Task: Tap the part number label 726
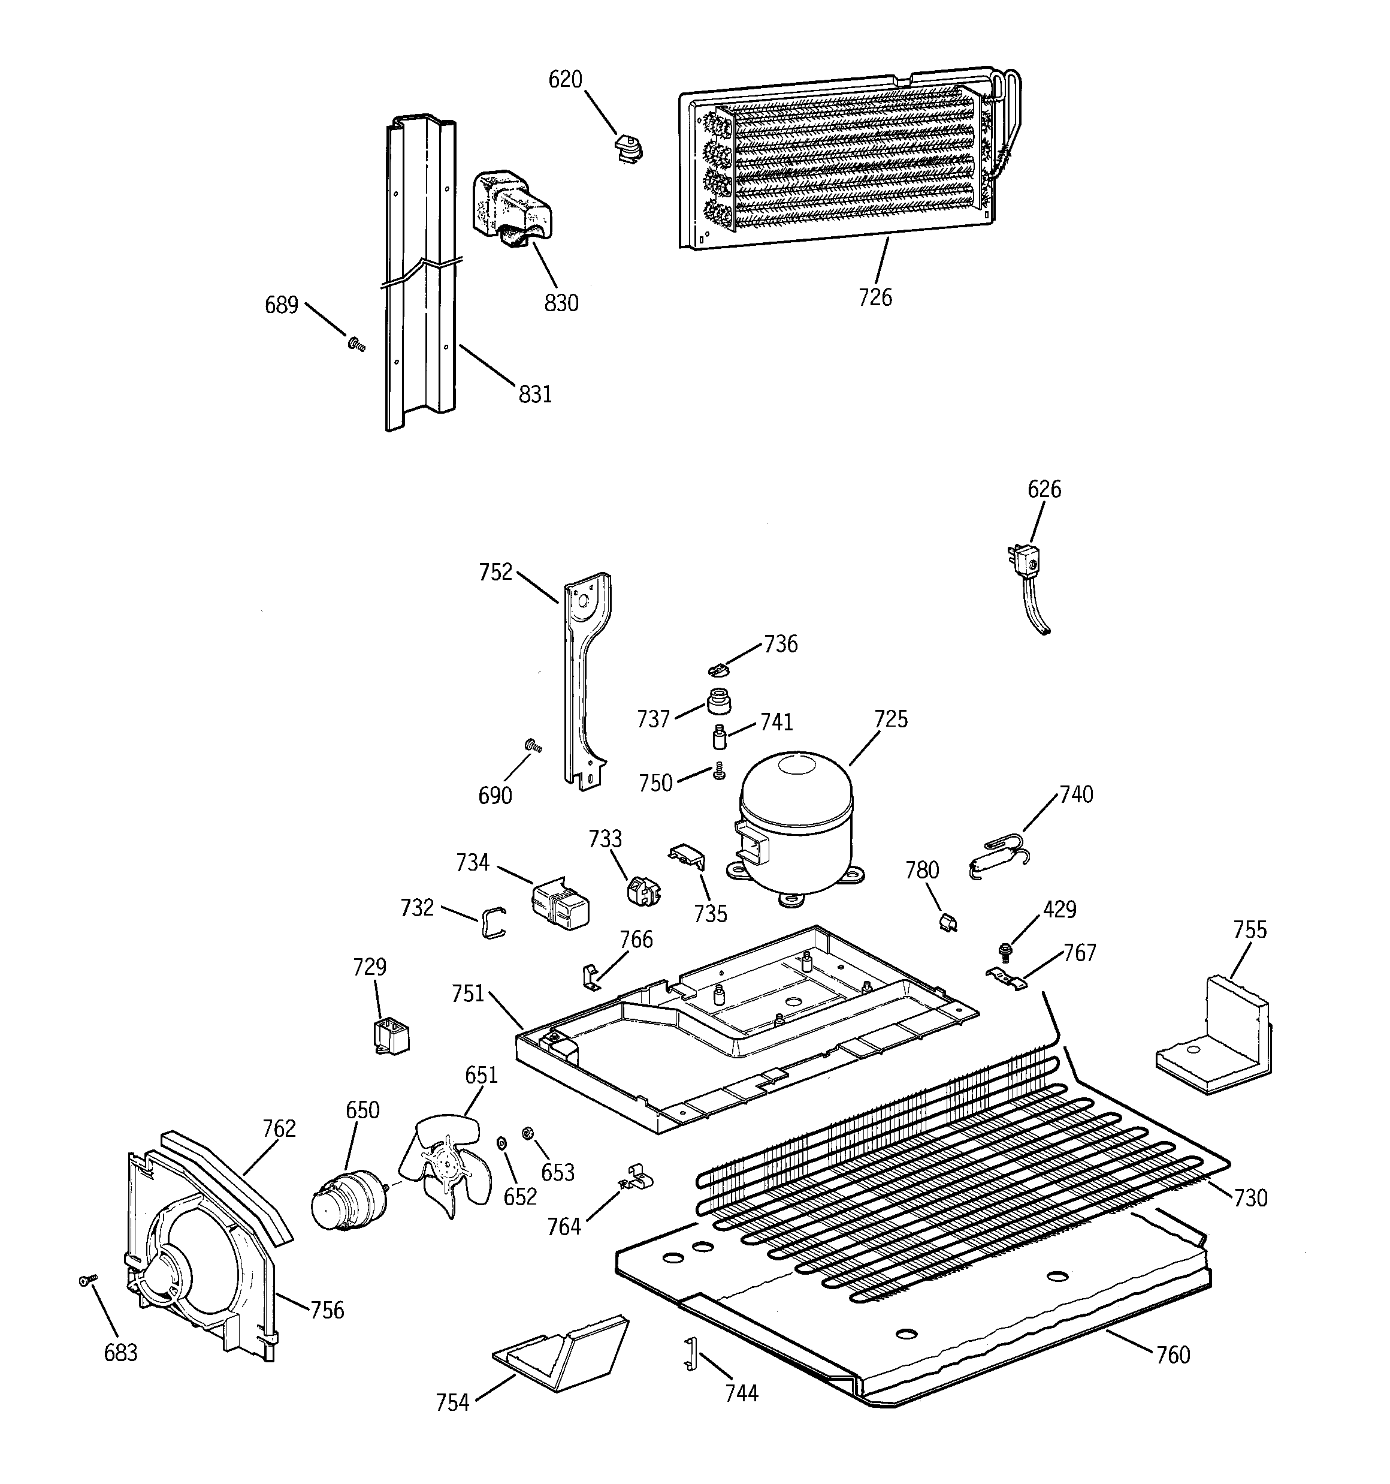(x=874, y=297)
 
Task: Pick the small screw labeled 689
(x=356, y=344)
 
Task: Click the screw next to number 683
(x=84, y=1281)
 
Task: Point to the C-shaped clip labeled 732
(x=492, y=923)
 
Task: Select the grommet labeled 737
(x=718, y=702)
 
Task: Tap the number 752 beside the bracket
(x=496, y=573)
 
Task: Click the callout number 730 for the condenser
(x=1250, y=1197)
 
